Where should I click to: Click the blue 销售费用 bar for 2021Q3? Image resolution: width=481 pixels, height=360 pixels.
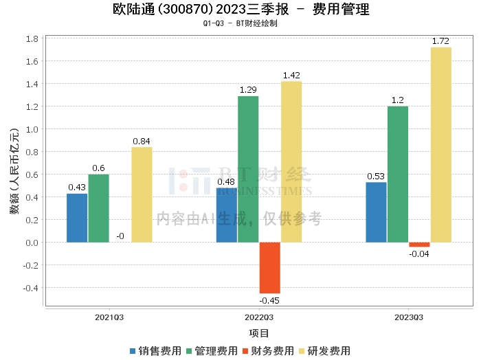(77, 218)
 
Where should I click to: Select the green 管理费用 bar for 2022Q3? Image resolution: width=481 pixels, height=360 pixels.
(248, 169)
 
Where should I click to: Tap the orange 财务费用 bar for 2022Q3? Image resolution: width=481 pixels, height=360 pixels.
(269, 267)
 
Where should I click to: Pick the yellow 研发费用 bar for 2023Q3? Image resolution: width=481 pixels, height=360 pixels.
(440, 145)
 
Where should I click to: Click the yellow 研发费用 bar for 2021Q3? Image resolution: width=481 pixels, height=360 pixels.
(142, 194)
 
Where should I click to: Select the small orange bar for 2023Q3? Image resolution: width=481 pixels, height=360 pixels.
(419, 245)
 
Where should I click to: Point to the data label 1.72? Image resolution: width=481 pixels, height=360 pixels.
(440, 42)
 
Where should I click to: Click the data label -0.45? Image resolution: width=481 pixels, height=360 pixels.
(269, 300)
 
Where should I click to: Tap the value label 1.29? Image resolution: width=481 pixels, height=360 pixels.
(248, 90)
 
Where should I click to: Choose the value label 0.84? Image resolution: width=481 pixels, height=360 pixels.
(142, 142)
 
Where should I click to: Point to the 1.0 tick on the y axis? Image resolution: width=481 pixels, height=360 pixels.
(32, 129)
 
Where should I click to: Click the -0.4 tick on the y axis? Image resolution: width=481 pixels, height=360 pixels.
(30, 288)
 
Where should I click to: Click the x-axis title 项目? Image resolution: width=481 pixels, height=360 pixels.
(259, 333)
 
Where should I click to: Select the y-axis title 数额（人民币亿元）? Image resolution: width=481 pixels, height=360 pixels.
(14, 172)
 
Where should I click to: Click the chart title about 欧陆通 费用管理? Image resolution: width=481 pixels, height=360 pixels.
(240, 10)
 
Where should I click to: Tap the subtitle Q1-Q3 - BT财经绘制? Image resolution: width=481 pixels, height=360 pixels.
(240, 23)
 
